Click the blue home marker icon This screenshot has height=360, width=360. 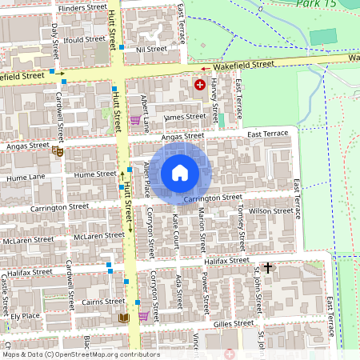point(180,172)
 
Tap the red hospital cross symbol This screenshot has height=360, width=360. point(199,84)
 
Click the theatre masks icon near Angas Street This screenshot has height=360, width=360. point(57,150)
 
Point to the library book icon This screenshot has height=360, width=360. point(122,318)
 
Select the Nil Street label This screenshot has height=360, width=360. point(151,49)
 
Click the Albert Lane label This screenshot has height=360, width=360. point(145,107)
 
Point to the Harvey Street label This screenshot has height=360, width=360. point(214,105)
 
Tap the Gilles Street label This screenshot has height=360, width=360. point(233,324)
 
